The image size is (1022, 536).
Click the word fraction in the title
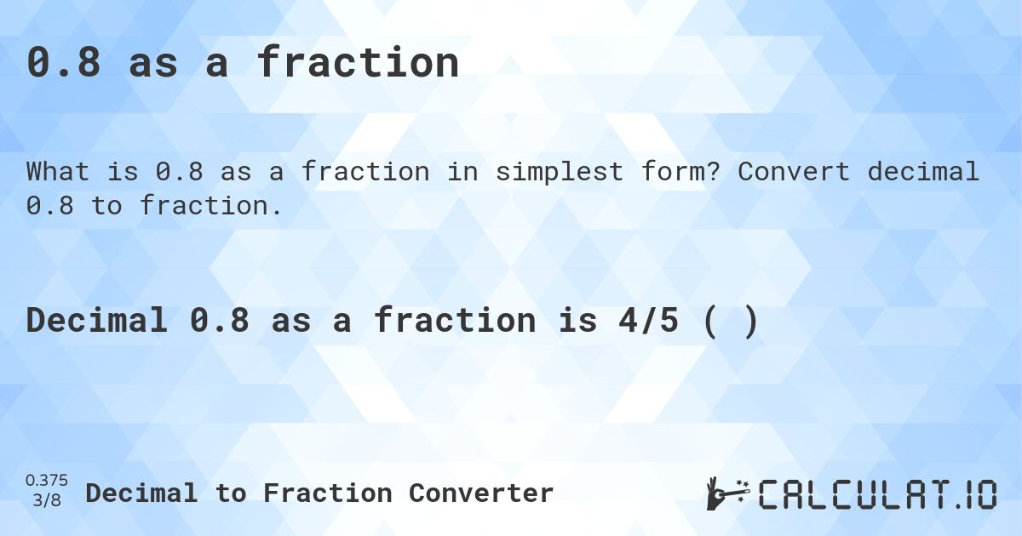[x=359, y=62]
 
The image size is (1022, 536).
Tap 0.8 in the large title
[x=63, y=63]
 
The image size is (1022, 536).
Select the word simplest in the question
[x=560, y=172]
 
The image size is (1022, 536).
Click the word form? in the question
[x=680, y=171]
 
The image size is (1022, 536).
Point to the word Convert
[x=794, y=172]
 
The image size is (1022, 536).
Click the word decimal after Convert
[x=923, y=171]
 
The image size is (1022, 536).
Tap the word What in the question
[x=58, y=172]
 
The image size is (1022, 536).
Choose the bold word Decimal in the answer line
[x=97, y=320]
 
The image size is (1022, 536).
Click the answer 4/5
[x=649, y=320]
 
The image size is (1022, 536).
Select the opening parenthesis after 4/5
[x=710, y=322]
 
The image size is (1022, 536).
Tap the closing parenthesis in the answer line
[x=751, y=322]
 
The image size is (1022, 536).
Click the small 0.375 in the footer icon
[x=47, y=481]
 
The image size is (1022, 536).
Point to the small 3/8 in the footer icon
[x=47, y=500]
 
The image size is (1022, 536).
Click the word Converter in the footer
[x=481, y=493]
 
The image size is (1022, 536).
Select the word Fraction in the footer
[x=328, y=493]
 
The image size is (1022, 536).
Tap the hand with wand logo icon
[x=728, y=493]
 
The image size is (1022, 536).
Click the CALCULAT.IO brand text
[x=877, y=494]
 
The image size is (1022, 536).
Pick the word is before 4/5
[x=578, y=320]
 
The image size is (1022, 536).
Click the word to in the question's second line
[x=106, y=206]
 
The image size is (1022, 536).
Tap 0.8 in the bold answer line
[x=220, y=320]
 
